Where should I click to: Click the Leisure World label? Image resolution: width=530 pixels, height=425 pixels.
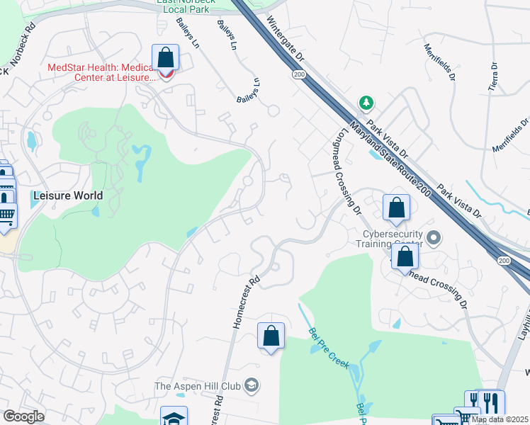coord(68,195)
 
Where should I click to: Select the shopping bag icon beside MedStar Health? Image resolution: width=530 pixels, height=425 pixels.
coord(165,57)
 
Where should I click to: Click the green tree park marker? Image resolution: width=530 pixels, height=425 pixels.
coord(366,103)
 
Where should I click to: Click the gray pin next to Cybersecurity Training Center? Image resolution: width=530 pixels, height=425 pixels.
coord(435,237)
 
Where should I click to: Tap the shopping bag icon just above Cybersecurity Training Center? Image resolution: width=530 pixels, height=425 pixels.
coord(396,208)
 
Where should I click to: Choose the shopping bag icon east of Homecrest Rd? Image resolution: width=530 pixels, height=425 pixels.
coord(271,336)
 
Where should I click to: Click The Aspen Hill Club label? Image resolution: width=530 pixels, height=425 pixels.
coord(198,386)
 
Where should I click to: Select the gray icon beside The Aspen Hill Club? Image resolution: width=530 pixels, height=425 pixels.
coord(251,385)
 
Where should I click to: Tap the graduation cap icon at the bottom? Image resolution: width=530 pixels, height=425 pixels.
coord(174,417)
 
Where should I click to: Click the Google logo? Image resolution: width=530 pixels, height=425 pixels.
coord(23,416)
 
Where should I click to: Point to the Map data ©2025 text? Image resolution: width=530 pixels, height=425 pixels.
coord(500,419)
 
